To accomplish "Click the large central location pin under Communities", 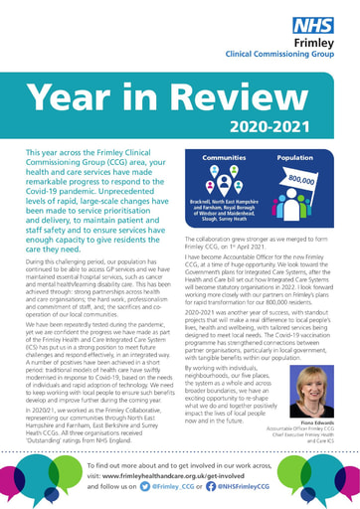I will (x=226, y=186).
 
